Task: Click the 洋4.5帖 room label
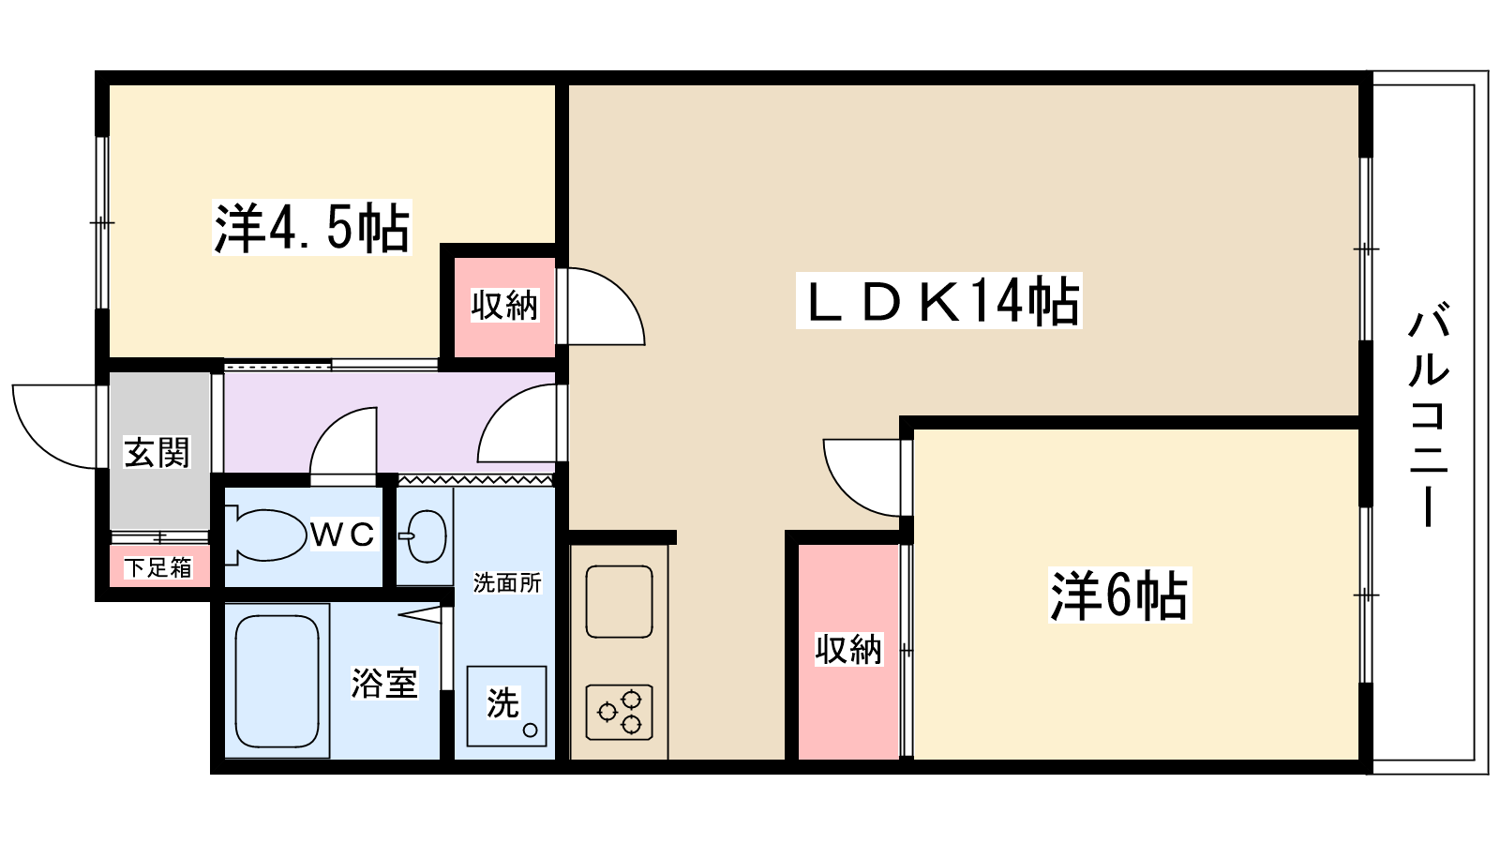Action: point(312,228)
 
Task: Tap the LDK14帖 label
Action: point(938,301)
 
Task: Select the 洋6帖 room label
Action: point(1119,595)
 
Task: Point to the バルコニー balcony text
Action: point(1429,413)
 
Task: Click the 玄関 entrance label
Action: point(157,453)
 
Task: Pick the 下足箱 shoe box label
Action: point(158,567)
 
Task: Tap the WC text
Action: point(342,535)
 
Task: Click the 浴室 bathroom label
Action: point(383,683)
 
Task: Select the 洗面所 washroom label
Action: point(507,583)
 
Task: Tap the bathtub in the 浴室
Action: point(277,682)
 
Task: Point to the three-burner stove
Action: point(619,712)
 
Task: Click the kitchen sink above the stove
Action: point(619,601)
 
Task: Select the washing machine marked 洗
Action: point(506,705)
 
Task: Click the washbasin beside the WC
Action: point(426,535)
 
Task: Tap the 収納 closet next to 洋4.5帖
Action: point(504,305)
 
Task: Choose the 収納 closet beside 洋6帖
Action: point(848,650)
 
